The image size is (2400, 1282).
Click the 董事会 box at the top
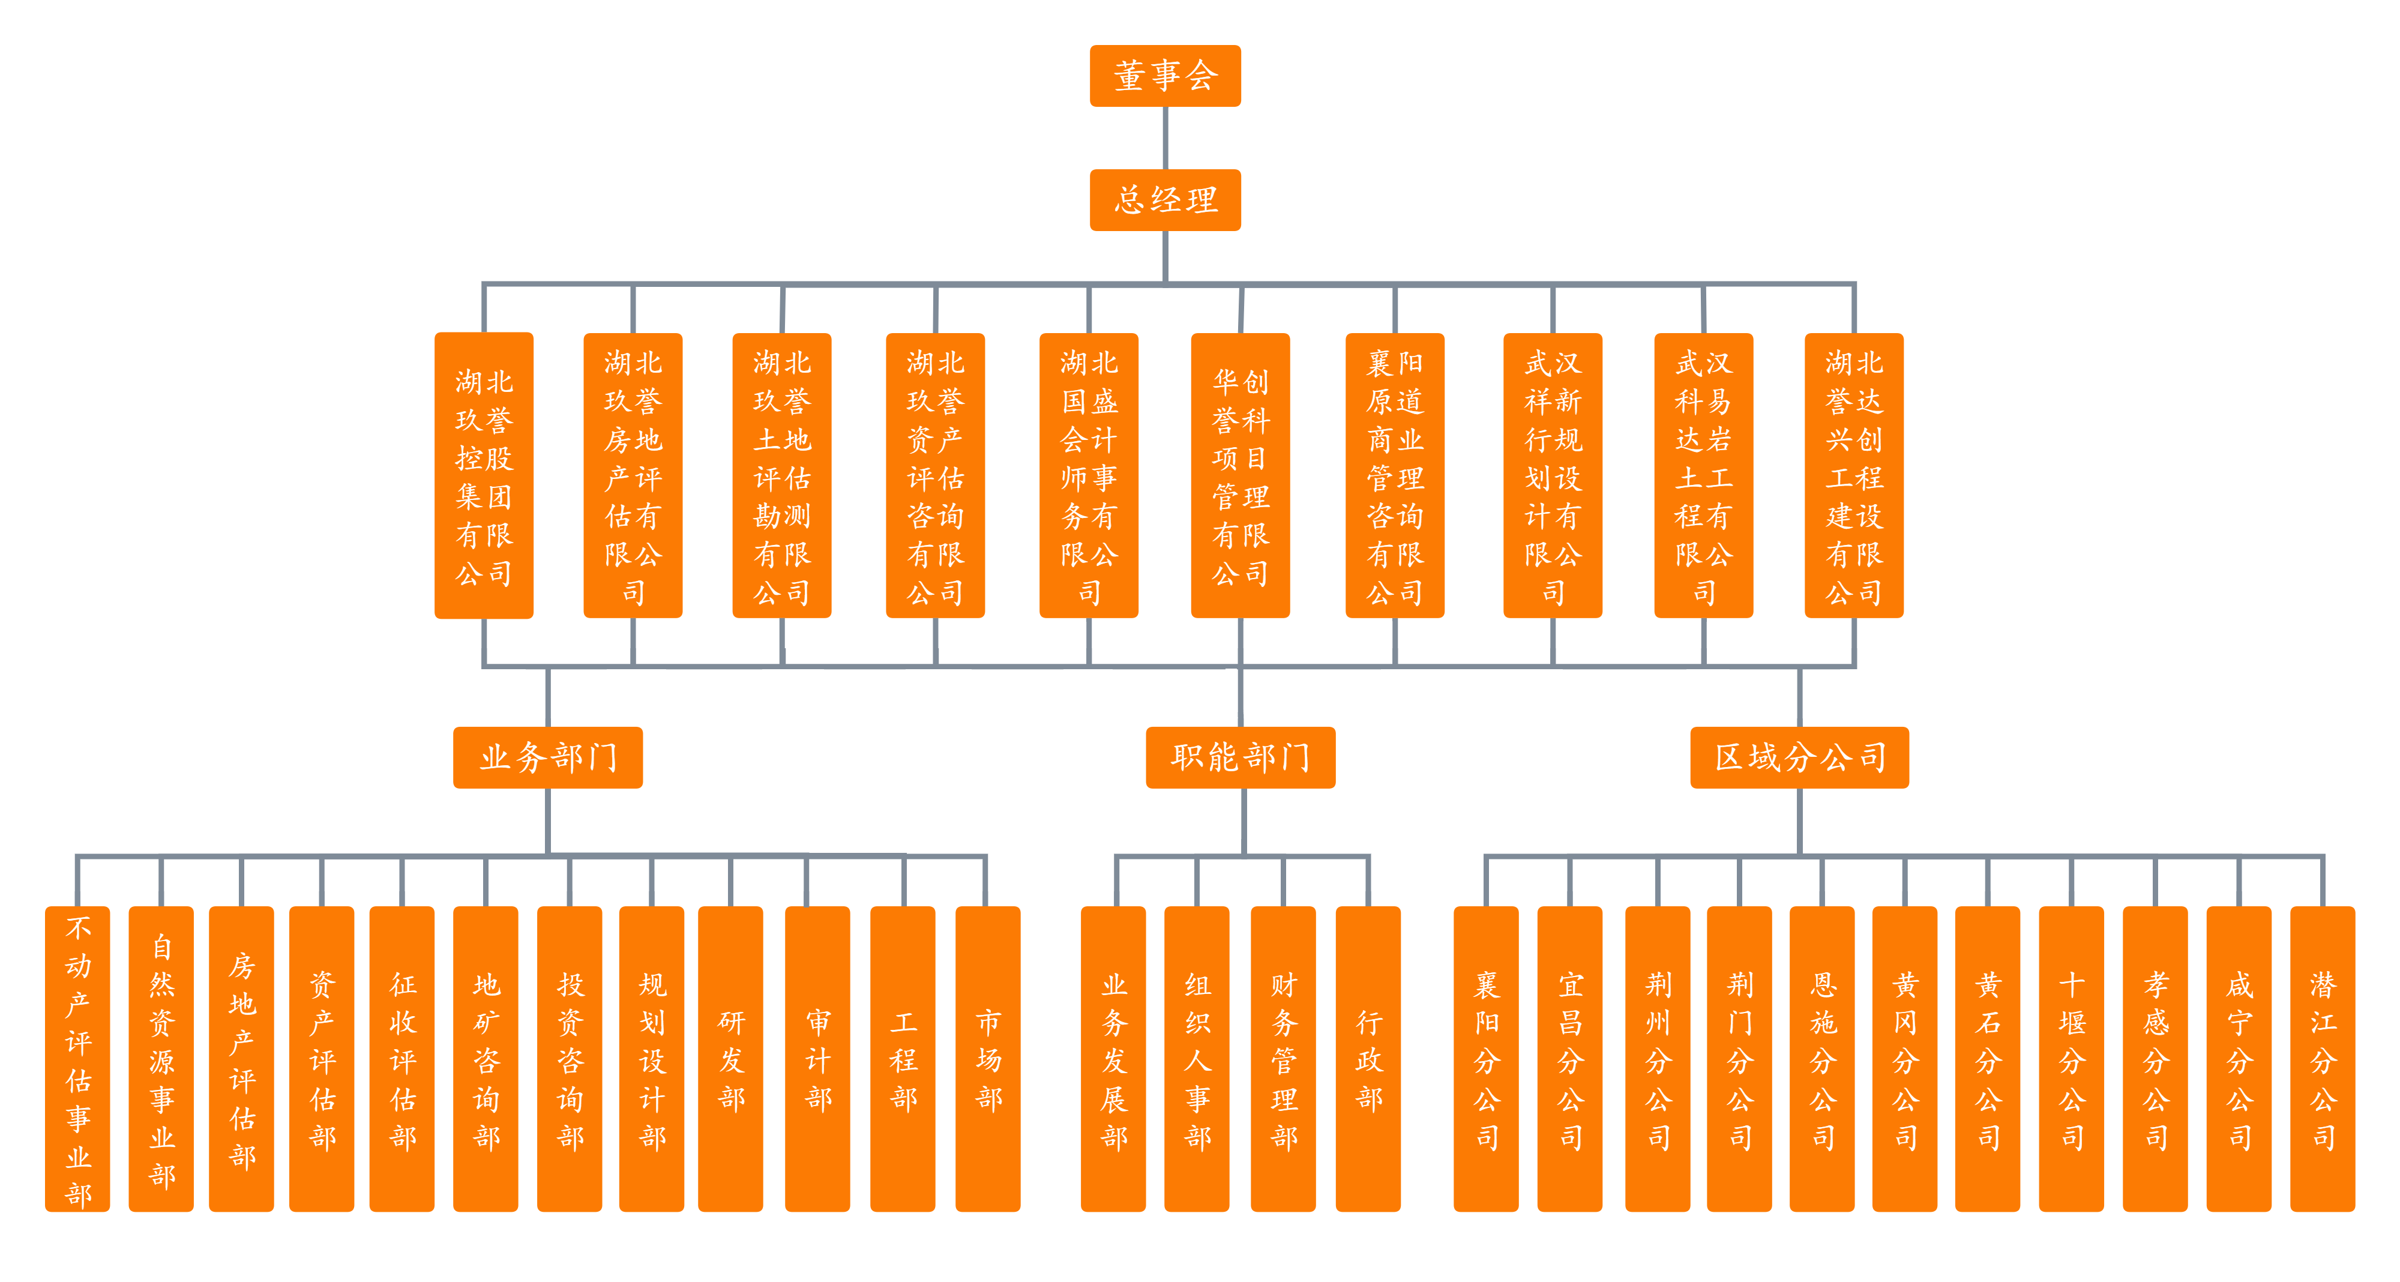1165,76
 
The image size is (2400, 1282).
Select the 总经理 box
1165,199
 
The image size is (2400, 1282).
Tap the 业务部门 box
548,756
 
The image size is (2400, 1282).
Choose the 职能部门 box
1240,756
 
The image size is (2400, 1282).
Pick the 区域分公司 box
1799,756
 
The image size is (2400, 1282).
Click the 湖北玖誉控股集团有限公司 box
484,475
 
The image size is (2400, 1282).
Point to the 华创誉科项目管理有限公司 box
1240,475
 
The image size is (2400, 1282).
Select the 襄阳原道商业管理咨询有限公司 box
1395,475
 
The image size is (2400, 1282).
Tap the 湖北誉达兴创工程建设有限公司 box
1854,475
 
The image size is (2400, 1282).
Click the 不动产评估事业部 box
77,1058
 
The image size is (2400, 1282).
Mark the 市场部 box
988,1058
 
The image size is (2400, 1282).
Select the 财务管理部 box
1283,1058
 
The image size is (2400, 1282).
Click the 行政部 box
1368,1058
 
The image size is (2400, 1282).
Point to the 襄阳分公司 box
1486,1058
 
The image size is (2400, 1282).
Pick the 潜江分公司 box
2322,1058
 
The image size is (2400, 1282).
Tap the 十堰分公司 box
2071,1058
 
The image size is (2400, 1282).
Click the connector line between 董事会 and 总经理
1165,138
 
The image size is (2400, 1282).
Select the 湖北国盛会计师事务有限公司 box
1088,475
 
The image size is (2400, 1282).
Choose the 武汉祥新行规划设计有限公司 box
1552,475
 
